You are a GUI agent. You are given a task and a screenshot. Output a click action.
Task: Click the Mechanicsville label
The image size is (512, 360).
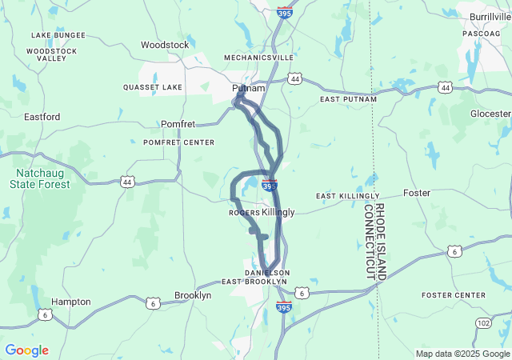(255, 58)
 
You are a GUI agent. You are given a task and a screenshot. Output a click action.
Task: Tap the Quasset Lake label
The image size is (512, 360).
(153, 87)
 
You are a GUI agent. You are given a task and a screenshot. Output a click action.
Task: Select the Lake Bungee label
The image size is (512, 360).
(58, 35)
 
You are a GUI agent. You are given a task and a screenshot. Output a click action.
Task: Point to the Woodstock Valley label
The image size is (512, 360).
(51, 54)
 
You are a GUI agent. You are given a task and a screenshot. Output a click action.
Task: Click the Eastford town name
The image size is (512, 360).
(42, 117)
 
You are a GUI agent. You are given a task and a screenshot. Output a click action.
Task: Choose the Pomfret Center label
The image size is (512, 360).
(178, 142)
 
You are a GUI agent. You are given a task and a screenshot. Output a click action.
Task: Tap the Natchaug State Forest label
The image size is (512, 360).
(39, 178)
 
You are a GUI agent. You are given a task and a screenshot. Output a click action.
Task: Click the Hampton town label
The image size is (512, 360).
(71, 302)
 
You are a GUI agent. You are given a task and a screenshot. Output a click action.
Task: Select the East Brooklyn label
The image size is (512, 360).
(254, 282)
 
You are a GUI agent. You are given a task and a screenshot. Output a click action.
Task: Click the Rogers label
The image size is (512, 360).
(244, 213)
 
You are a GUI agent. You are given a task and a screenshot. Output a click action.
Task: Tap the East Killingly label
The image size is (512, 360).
(347, 196)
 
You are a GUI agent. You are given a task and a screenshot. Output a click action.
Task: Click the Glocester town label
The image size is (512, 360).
(490, 114)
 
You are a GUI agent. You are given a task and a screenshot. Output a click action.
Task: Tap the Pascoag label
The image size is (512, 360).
(482, 34)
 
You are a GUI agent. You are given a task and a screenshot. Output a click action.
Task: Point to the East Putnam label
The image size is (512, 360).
(347, 99)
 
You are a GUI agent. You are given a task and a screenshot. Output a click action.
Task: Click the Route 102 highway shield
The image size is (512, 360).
(483, 322)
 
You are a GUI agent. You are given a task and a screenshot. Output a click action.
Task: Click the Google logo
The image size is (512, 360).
(26, 350)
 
